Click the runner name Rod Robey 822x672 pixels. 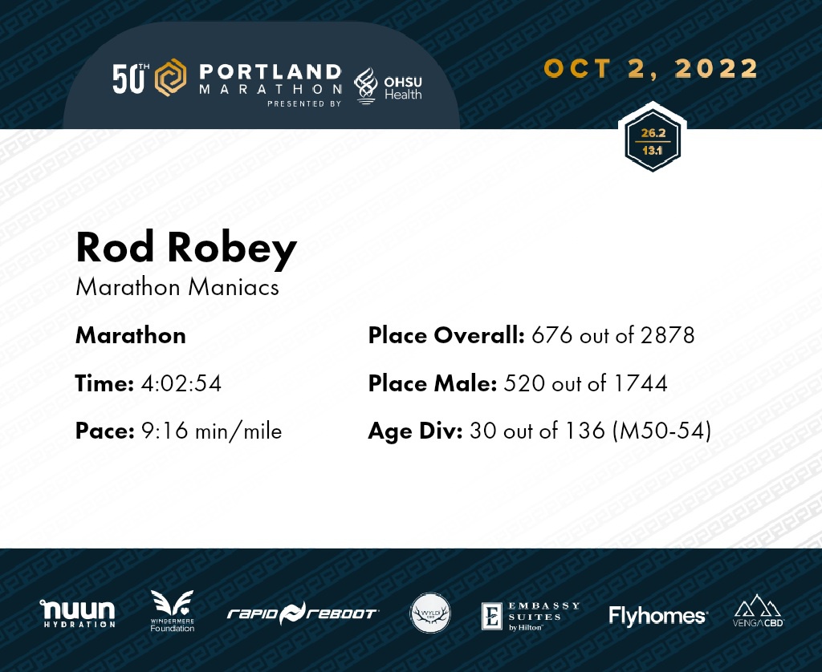tap(186, 249)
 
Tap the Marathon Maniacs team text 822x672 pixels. tap(177, 288)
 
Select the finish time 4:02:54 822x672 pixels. tap(181, 383)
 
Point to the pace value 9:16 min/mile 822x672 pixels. tap(212, 431)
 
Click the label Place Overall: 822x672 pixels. tap(446, 335)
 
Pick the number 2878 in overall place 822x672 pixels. tap(667, 335)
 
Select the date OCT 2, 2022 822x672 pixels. tap(651, 69)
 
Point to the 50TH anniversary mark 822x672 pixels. tap(131, 79)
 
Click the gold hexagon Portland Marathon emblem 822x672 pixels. tap(170, 78)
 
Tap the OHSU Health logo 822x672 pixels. tap(388, 87)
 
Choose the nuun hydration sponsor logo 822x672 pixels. tap(78, 613)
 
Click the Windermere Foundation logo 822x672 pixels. tap(172, 611)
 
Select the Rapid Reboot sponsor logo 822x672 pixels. tap(303, 613)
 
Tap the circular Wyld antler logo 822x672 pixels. tap(430, 613)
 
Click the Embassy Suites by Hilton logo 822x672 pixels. tap(531, 616)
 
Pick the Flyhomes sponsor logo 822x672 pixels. tap(658, 616)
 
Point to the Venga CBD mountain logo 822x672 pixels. tap(758, 610)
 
